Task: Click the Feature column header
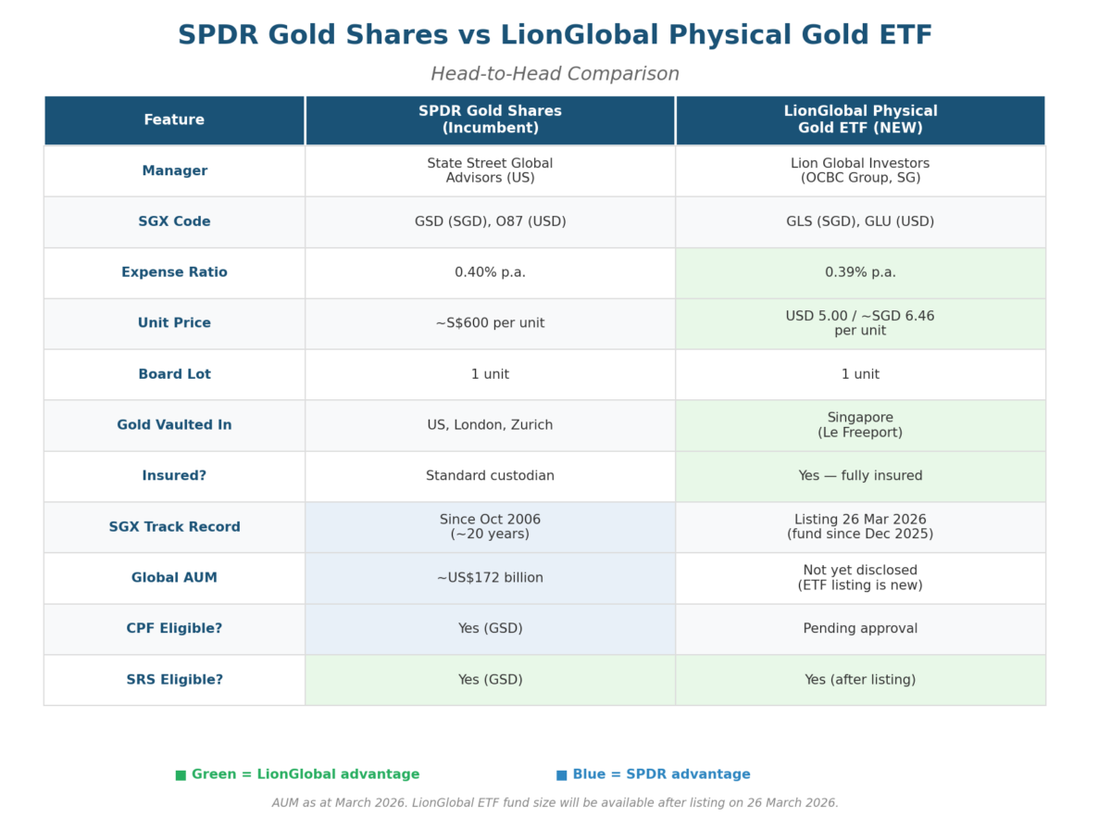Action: [174, 120]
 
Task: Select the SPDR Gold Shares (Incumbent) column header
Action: [490, 120]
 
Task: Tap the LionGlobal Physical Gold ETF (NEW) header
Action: [860, 120]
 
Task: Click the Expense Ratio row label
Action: [174, 272]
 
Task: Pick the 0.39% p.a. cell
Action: [860, 272]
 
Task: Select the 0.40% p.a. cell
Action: [490, 272]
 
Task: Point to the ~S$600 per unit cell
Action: [490, 323]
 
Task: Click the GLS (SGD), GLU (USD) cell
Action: [860, 221]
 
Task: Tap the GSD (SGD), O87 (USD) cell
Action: [490, 221]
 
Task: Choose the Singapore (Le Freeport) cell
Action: [860, 425]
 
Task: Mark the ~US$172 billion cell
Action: [490, 578]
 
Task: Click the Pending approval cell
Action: [860, 629]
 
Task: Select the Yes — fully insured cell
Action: [860, 476]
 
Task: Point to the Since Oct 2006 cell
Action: [490, 527]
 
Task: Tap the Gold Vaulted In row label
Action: [174, 425]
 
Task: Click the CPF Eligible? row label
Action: [174, 629]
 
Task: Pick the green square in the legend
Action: [181, 775]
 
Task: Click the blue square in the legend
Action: [561, 775]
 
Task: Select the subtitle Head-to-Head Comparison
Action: [555, 74]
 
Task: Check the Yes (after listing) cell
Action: [860, 680]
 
